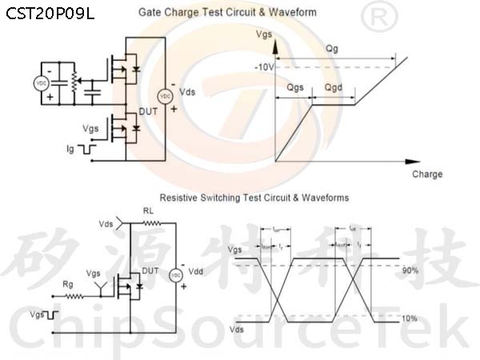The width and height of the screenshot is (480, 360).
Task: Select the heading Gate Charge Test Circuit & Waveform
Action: pos(228,13)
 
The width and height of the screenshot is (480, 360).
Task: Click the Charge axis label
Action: pos(427,174)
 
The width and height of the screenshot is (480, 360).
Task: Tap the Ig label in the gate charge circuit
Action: pos(70,149)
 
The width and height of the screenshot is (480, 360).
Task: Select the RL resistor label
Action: pos(148,211)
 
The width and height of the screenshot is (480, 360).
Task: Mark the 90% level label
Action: pos(410,270)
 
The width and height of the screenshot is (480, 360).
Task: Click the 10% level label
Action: pos(410,318)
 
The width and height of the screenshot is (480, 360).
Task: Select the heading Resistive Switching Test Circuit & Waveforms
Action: pos(254,197)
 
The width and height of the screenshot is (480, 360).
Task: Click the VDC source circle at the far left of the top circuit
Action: pos(40,83)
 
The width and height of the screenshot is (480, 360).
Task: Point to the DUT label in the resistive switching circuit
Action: pos(149,271)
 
